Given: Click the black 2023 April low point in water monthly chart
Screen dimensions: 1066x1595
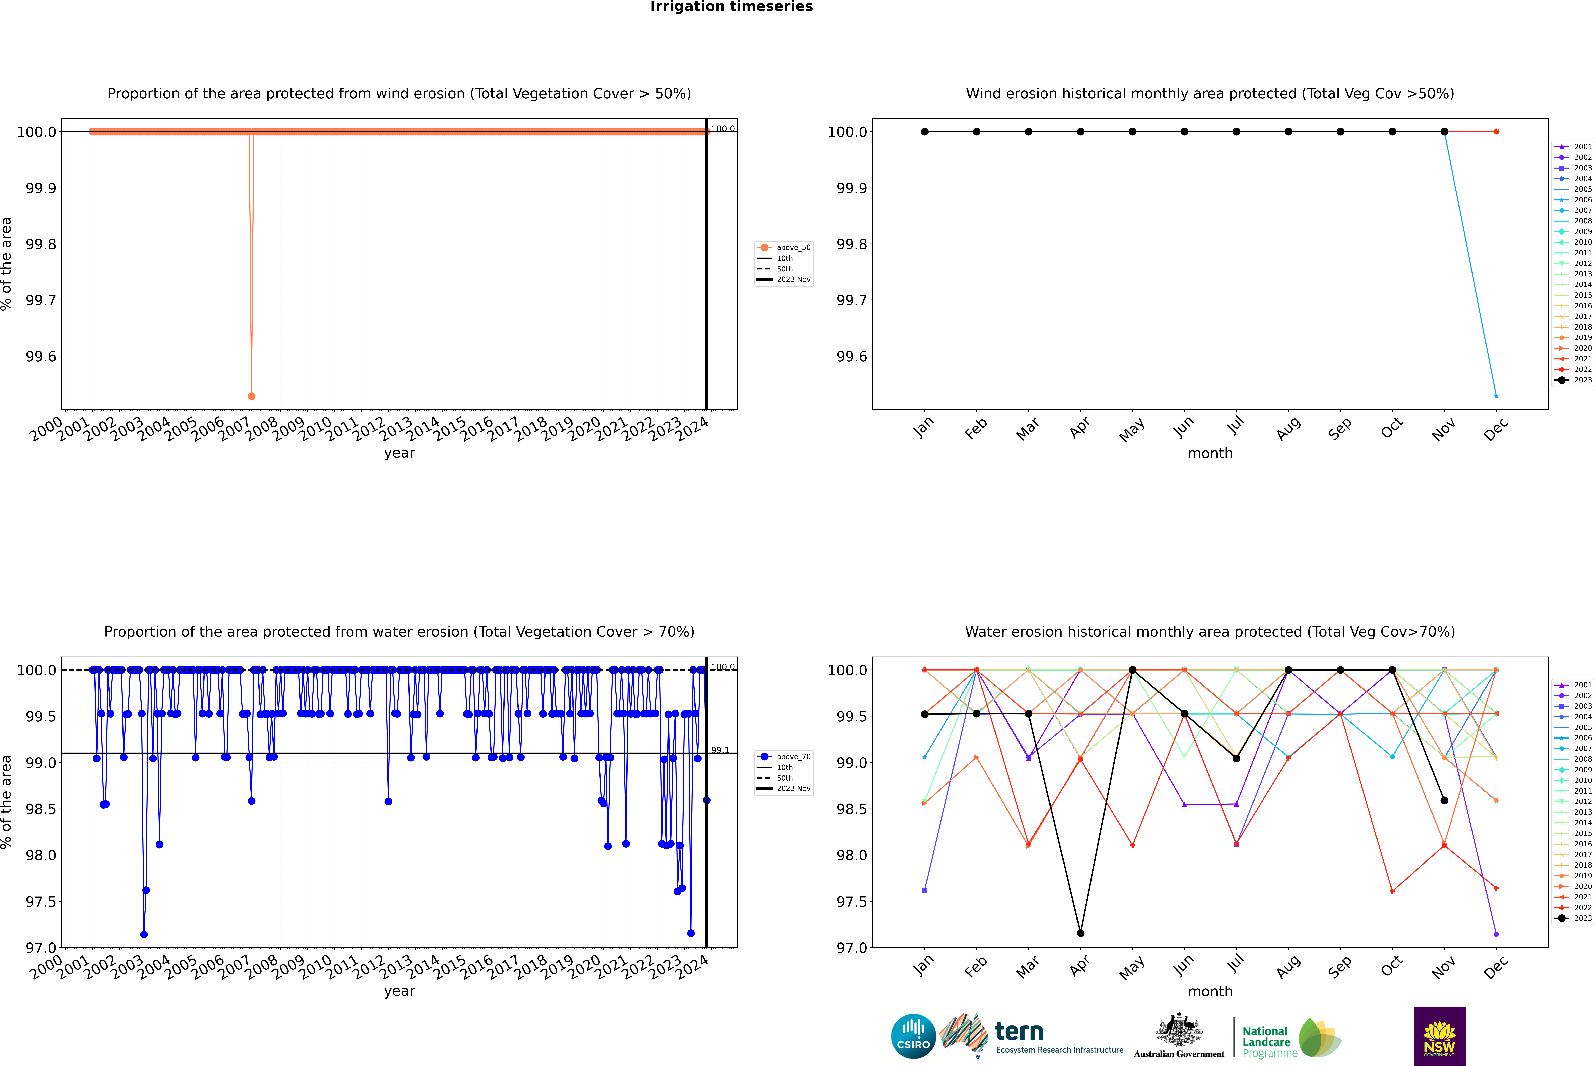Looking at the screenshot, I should [1080, 933].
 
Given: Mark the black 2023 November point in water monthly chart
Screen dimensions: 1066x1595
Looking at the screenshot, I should [1444, 800].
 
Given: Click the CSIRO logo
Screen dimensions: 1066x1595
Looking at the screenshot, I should [913, 1036].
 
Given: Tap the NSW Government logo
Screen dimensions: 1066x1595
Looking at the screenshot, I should [1439, 1036].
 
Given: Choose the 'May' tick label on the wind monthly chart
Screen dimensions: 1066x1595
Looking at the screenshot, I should [1132, 430].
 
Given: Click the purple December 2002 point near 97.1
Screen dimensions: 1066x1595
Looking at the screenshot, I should [1496, 934].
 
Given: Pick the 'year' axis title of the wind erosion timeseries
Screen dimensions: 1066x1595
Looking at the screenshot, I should [399, 453].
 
